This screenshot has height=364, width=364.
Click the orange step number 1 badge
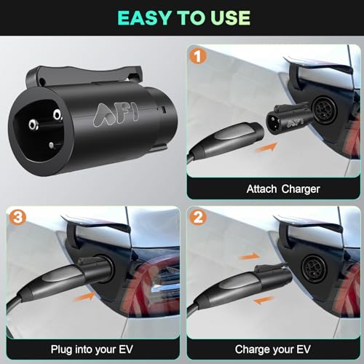[x=198, y=56]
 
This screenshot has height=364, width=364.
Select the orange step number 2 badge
[x=198, y=217]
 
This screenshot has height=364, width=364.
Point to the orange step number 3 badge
[x=17, y=217]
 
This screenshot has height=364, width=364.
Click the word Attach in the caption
[x=261, y=189]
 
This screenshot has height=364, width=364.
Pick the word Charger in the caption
[x=301, y=189]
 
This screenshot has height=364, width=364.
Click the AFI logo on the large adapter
[x=116, y=114]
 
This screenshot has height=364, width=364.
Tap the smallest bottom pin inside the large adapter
[x=51, y=146]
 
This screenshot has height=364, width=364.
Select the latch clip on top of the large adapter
[x=84, y=76]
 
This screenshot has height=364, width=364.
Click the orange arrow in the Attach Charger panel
[x=266, y=147]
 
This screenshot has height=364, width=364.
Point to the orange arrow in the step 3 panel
[x=84, y=296]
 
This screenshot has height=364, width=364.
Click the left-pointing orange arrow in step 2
[x=264, y=300]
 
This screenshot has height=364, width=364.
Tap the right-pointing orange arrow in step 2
[x=249, y=256]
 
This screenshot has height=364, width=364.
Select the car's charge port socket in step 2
[x=314, y=267]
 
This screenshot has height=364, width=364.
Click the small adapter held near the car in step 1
[x=289, y=117]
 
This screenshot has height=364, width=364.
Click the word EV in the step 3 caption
[x=126, y=349]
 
